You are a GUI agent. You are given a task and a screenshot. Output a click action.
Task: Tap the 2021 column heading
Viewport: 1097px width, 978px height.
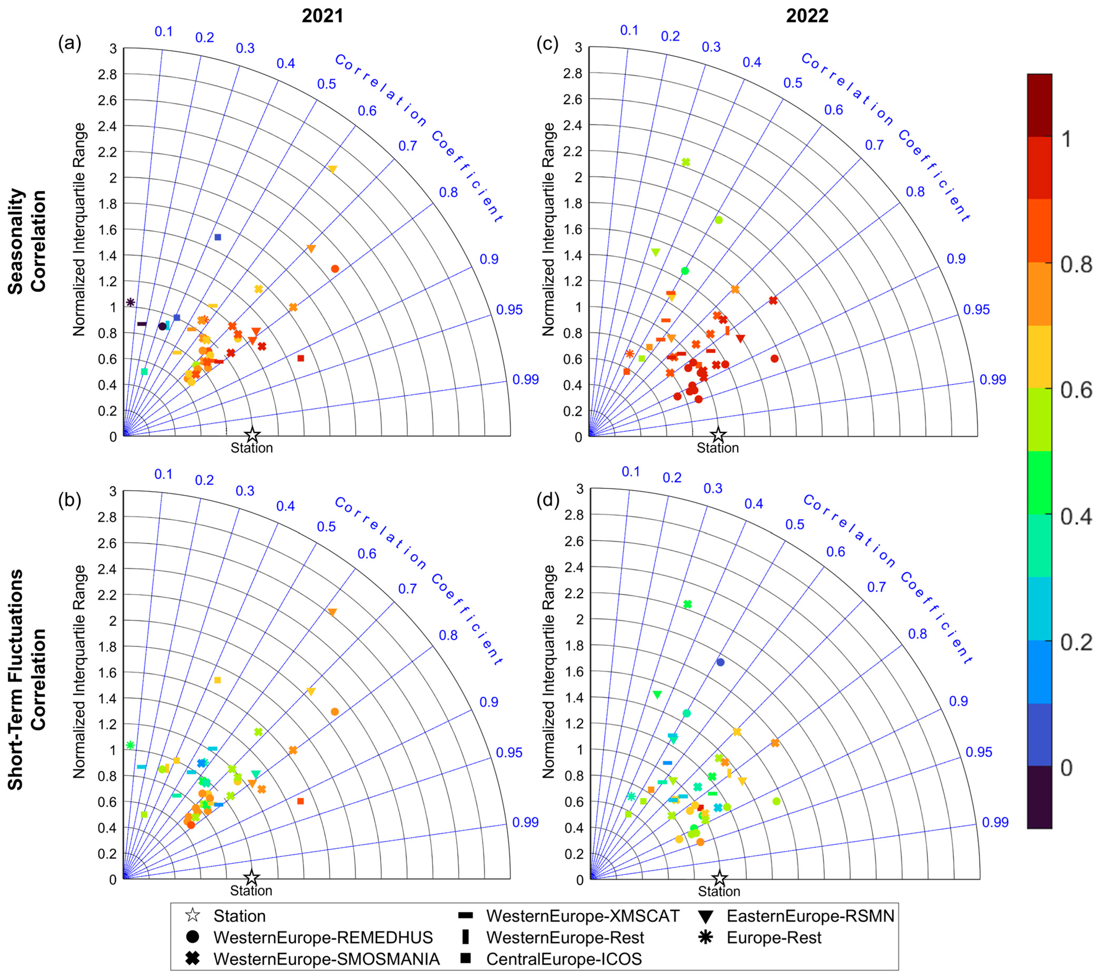[x=322, y=16]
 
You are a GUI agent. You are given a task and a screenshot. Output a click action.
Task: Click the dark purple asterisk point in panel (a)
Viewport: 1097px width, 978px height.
[x=130, y=302]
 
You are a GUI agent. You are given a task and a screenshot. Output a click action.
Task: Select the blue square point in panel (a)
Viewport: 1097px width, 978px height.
[x=218, y=237]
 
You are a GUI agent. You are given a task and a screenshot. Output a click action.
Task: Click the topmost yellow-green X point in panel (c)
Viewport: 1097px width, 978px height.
[x=686, y=162]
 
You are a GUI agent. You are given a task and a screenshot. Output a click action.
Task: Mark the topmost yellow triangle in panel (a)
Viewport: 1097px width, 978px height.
[x=332, y=169]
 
